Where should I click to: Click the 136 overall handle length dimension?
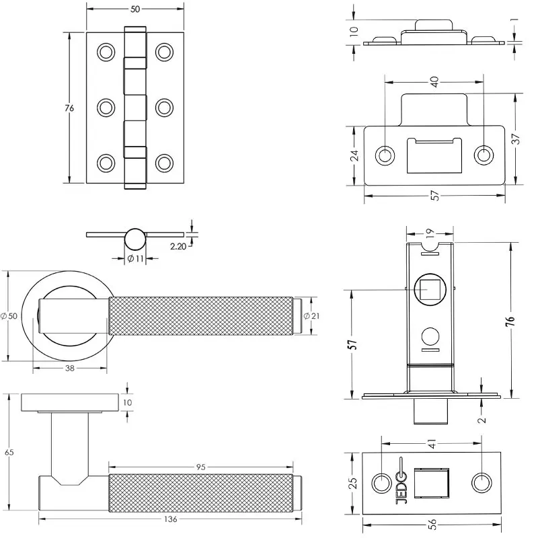pyautogui.click(x=171, y=519)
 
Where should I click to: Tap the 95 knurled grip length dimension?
pyautogui.click(x=200, y=467)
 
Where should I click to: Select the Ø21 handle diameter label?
pyautogui.click(x=312, y=315)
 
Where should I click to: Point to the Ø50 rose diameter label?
pyautogui.click(x=9, y=316)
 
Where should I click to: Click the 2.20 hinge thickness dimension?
pyautogui.click(x=178, y=246)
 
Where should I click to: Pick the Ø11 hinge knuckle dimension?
pyautogui.click(x=136, y=259)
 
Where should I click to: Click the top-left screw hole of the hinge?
pyautogui.click(x=106, y=52)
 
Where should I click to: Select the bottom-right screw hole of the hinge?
pyautogui.click(x=164, y=163)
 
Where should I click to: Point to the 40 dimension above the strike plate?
pyautogui.click(x=434, y=81)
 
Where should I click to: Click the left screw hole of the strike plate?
pyautogui.click(x=385, y=155)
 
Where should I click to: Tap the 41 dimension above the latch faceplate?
pyautogui.click(x=432, y=443)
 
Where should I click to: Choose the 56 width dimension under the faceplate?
pyautogui.click(x=432, y=524)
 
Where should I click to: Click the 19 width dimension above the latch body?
pyautogui.click(x=430, y=233)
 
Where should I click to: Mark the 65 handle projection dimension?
pyautogui.click(x=9, y=452)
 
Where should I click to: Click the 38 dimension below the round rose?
pyautogui.click(x=70, y=369)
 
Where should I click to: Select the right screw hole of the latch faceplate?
pyautogui.click(x=482, y=483)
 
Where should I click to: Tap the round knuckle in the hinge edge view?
pyautogui.click(x=135, y=239)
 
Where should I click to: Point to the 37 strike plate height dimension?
pyautogui.click(x=516, y=139)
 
